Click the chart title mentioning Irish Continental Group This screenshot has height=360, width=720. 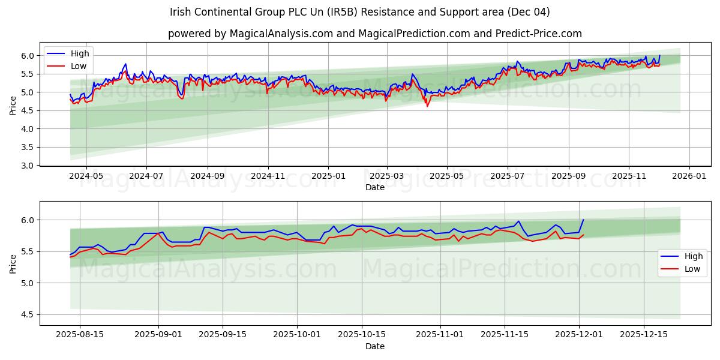[359, 12]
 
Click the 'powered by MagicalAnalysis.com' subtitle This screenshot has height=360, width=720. [374, 34]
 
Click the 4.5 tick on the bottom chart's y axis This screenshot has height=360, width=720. [29, 314]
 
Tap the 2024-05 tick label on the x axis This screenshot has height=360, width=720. [86, 176]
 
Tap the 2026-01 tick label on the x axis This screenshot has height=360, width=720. [689, 176]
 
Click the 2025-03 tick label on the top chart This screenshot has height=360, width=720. [386, 176]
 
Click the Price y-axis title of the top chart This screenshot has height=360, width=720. [13, 105]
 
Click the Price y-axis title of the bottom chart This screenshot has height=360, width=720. [13, 263]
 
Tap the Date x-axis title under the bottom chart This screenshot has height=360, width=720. [374, 346]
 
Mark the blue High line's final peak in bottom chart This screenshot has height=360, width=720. [583, 220]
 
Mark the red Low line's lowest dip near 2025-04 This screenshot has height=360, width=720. [427, 106]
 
